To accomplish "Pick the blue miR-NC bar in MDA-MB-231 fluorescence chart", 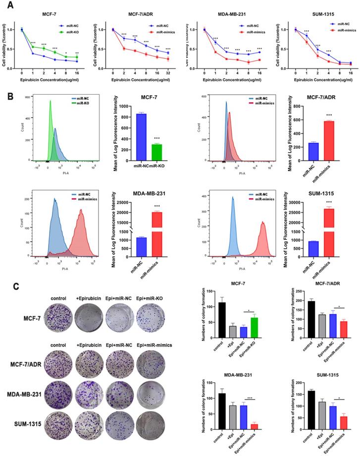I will [x=141, y=240].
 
